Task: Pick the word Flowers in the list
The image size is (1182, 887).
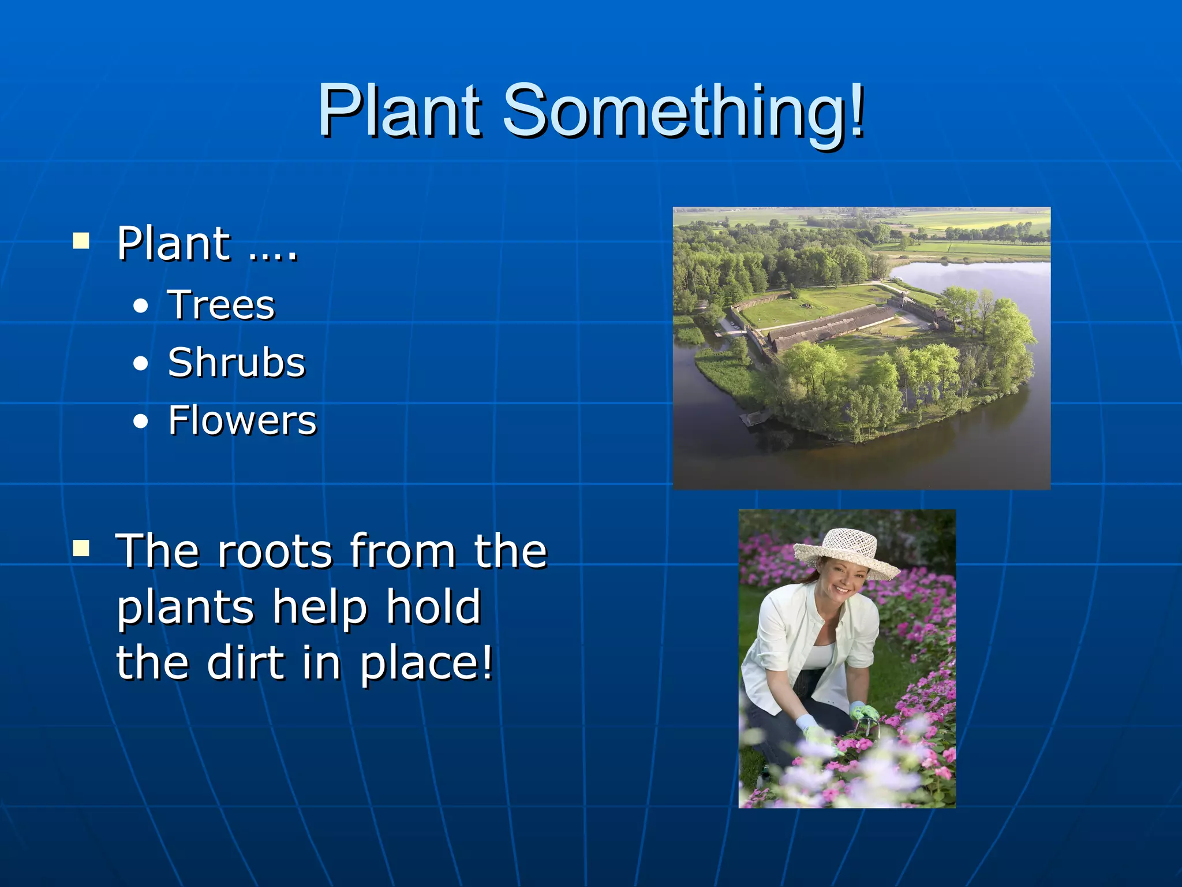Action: (242, 420)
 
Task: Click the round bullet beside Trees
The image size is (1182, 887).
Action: (140, 306)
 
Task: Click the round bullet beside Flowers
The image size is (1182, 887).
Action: (140, 422)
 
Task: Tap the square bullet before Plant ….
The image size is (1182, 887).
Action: (81, 240)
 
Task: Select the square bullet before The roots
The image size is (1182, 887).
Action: (81, 548)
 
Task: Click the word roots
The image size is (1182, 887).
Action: (275, 551)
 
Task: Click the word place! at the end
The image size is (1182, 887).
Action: (427, 664)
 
